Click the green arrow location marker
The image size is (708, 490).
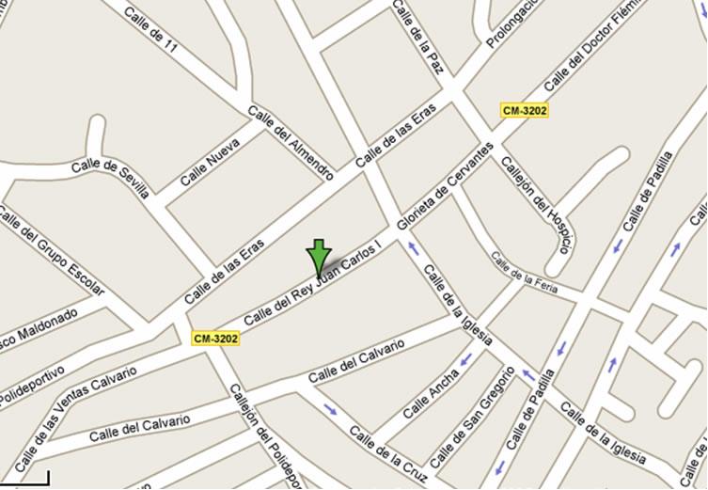click(x=319, y=257)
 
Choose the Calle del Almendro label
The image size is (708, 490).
click(x=291, y=142)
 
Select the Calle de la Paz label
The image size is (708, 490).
click(x=418, y=38)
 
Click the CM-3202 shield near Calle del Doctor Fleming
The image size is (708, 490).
click(x=525, y=110)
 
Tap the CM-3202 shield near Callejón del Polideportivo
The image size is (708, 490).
click(x=215, y=338)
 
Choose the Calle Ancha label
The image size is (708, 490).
click(x=431, y=392)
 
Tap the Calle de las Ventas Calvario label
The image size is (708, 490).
click(x=75, y=404)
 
